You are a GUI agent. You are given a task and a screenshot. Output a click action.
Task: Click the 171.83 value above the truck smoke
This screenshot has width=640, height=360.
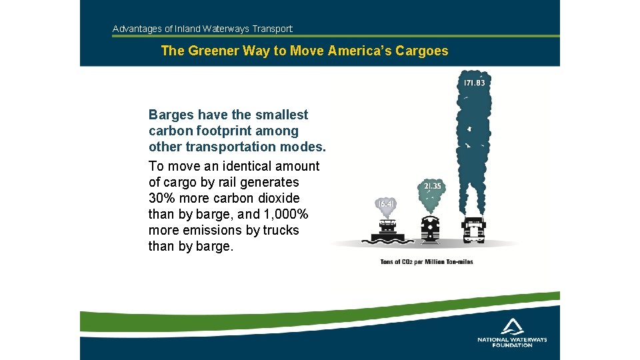click(474, 83)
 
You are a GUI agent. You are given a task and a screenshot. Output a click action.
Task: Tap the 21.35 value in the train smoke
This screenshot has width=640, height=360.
click(431, 186)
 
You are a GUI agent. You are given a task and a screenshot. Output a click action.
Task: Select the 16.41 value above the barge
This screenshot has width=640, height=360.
click(385, 203)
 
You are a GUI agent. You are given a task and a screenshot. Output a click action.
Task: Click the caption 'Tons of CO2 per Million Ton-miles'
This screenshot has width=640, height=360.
click(426, 262)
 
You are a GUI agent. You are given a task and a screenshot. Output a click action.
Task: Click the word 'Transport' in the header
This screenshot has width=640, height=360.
click(272, 29)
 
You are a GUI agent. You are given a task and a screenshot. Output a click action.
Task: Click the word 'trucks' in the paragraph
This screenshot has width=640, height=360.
click(280, 230)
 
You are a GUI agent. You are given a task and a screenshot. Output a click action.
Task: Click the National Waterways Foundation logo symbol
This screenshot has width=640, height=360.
click(512, 326)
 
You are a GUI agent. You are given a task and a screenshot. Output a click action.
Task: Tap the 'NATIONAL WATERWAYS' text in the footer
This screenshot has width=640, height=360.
click(512, 339)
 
